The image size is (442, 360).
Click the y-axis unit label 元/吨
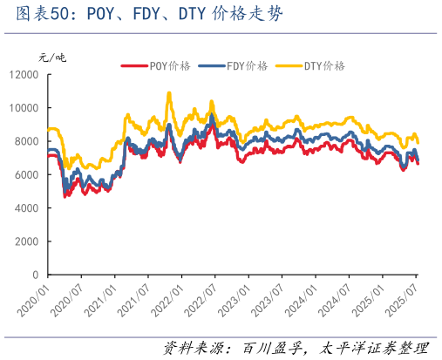[x=52, y=58]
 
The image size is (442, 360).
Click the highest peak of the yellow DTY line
[x=169, y=92]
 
